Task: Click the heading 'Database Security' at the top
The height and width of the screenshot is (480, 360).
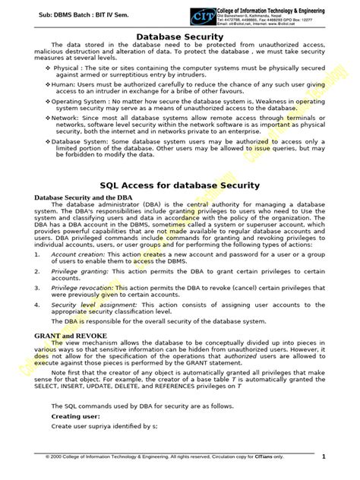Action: click(179, 37)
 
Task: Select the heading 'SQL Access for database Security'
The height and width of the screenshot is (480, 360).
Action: click(179, 185)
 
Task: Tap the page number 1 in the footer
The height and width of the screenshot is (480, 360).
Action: click(324, 456)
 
